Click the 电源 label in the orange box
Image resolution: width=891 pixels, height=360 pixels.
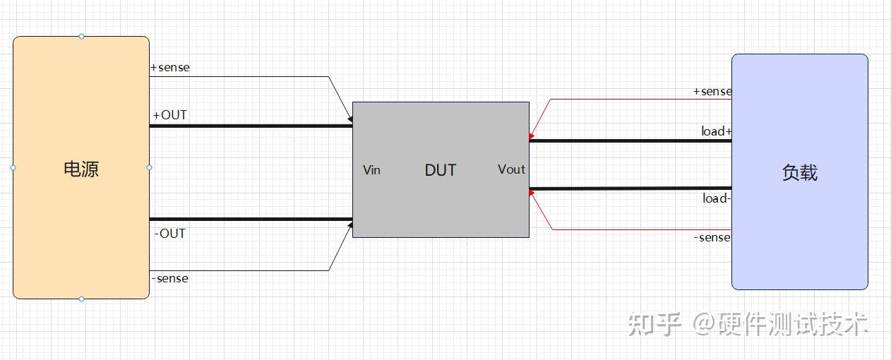click(81, 169)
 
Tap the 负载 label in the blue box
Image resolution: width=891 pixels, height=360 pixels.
click(800, 173)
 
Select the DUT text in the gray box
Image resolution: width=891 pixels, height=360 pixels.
click(441, 170)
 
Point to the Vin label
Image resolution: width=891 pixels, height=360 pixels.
click(371, 170)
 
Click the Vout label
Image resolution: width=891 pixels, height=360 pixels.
click(512, 169)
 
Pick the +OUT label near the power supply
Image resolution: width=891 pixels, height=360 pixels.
click(170, 115)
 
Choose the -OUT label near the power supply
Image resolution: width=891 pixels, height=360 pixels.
click(170, 234)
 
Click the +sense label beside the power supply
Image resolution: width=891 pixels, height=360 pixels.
click(170, 68)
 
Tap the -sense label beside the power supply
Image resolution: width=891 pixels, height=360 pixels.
click(170, 278)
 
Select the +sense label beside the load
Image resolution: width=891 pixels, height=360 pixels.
click(712, 92)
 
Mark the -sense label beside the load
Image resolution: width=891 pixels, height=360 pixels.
click(712, 237)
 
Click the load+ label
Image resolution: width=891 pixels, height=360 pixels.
click(717, 131)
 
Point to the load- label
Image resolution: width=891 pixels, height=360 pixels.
click(717, 198)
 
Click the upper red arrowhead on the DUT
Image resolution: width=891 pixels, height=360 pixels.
click(532, 136)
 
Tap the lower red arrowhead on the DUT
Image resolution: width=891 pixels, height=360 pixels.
click(532, 193)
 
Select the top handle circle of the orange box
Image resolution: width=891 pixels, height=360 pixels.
click(81, 37)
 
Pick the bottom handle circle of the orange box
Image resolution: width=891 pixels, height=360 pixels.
click(81, 299)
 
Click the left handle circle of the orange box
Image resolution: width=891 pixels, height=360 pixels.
click(13, 168)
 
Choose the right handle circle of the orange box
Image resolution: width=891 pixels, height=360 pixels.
click(150, 168)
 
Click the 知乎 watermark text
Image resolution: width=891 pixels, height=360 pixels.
click(654, 324)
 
